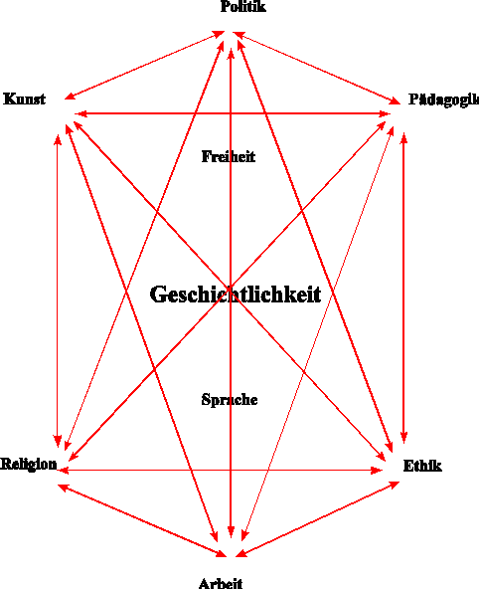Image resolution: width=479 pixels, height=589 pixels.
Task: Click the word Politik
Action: click(x=243, y=6)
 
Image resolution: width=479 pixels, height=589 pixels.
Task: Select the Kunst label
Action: click(x=25, y=98)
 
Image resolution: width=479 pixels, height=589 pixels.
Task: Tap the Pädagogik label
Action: click(x=443, y=99)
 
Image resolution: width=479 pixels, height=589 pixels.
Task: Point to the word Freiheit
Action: click(x=228, y=156)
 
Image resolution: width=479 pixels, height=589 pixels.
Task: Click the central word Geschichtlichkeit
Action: click(x=236, y=294)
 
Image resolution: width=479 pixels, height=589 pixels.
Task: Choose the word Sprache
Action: click(x=230, y=399)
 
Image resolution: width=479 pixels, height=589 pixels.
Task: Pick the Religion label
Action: click(x=29, y=464)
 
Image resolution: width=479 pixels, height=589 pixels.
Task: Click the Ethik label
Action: click(x=422, y=466)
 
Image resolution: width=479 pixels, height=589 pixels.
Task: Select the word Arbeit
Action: click(x=221, y=583)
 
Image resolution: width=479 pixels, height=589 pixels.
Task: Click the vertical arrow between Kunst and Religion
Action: click(x=58, y=291)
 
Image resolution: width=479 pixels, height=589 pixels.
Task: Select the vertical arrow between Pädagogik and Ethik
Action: click(x=403, y=288)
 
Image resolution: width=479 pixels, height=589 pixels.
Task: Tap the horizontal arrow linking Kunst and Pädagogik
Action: click(x=233, y=113)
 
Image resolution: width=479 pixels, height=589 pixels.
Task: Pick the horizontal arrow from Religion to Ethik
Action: click(x=220, y=470)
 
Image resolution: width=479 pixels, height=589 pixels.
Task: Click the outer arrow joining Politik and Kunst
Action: click(x=144, y=66)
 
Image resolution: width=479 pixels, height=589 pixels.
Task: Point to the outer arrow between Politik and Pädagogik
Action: click(x=317, y=68)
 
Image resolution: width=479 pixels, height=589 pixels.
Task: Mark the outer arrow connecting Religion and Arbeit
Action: click(x=142, y=520)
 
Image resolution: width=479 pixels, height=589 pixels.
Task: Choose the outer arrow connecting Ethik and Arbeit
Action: click(x=317, y=518)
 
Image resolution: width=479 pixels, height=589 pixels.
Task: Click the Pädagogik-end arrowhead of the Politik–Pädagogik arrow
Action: click(x=396, y=100)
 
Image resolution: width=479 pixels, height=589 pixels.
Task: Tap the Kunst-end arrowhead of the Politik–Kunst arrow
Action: click(x=71, y=96)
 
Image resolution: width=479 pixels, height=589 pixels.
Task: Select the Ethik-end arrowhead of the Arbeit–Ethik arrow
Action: click(x=394, y=485)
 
